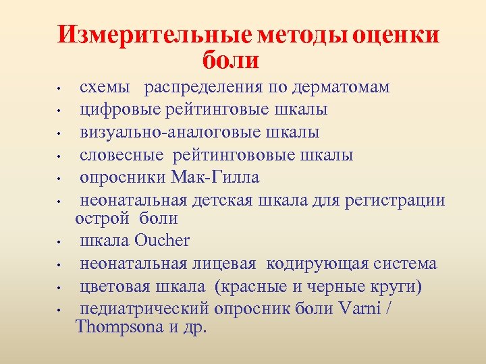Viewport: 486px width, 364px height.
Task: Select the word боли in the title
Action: click(230, 60)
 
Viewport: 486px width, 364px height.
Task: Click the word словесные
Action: click(122, 155)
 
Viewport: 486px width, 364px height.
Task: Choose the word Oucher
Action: click(163, 241)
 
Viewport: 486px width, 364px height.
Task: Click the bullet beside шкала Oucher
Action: click(59, 242)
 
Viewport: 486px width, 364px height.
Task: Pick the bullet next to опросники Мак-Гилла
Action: click(59, 179)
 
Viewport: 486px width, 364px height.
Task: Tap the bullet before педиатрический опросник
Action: click(59, 311)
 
